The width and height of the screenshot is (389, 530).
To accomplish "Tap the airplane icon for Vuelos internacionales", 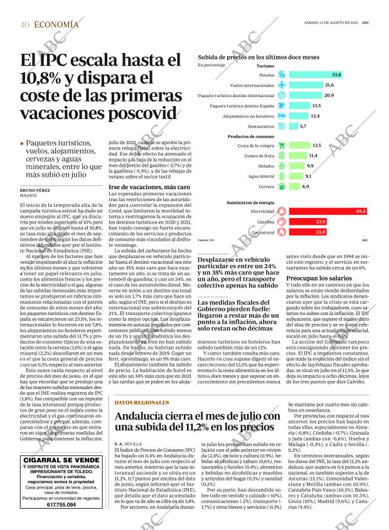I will pyautogui.click(x=282, y=85).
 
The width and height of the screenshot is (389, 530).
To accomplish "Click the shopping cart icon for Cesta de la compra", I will pyautogui.click(x=282, y=145).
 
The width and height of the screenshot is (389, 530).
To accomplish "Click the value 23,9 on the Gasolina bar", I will pyautogui.click(x=321, y=222).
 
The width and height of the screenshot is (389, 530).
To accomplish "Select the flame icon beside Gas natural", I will pyautogui.click(x=282, y=232).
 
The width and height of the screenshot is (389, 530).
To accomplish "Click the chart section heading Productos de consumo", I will pyautogui.click(x=250, y=136).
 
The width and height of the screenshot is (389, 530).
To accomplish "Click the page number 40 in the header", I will pyautogui.click(x=24, y=24).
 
